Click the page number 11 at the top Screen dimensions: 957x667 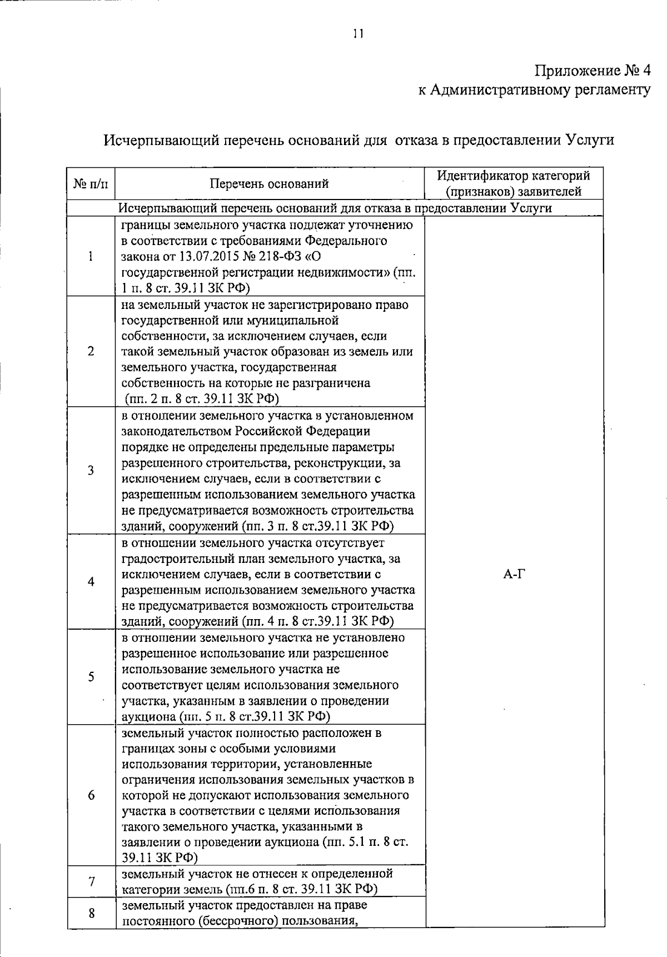point(357,34)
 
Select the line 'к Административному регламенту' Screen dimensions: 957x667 point(534,90)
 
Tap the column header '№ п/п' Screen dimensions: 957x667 point(91,183)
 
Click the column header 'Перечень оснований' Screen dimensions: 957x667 point(269,184)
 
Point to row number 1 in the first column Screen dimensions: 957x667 point(90,256)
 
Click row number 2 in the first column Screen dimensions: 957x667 point(90,352)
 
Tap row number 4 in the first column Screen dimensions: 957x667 point(90,581)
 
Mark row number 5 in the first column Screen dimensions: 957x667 point(90,676)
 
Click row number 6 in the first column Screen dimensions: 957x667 point(90,795)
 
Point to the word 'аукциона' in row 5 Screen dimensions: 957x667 point(146,716)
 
